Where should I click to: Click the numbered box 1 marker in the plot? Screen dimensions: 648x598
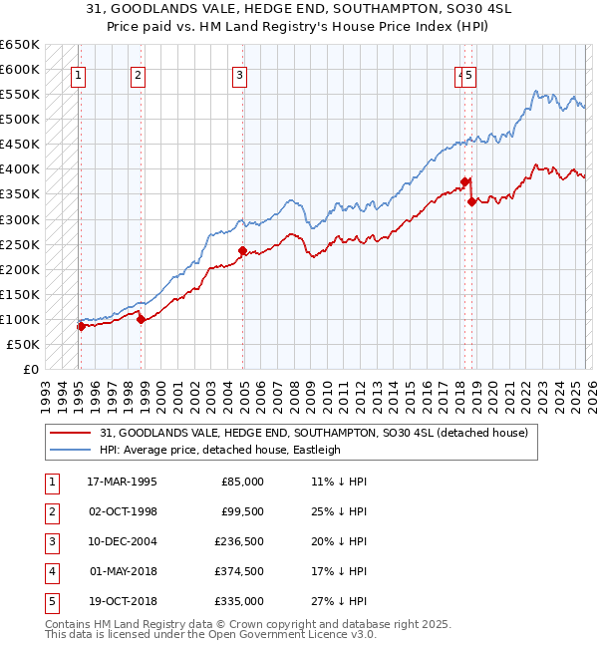click(x=78, y=73)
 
